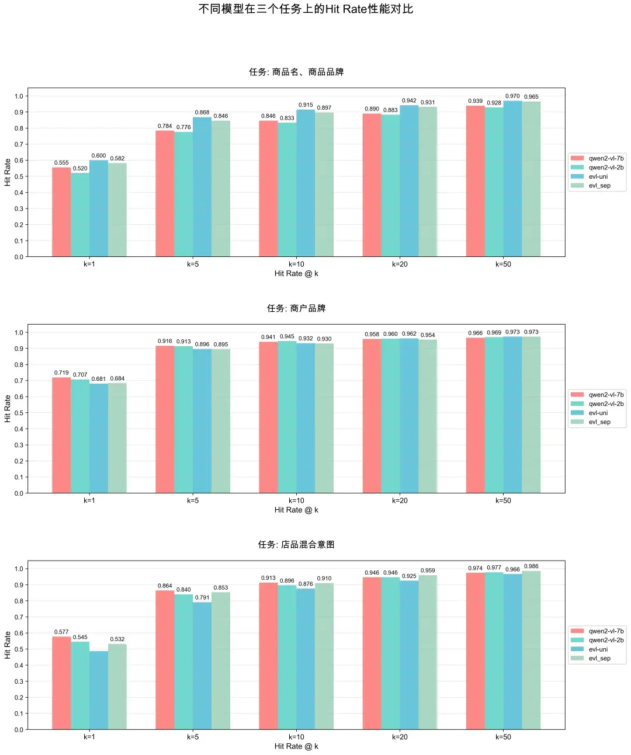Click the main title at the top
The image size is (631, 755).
306,9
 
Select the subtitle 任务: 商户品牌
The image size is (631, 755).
296,308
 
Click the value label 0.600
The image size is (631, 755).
99,156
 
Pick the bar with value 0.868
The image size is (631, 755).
202,187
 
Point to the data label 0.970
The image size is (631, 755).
512,96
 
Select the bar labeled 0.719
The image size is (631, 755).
61,435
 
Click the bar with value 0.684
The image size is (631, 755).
117,438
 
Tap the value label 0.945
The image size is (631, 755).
287,337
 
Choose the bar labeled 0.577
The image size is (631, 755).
61,683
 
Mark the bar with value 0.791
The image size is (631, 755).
202,666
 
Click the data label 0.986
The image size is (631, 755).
531,566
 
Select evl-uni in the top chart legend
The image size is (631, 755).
598,176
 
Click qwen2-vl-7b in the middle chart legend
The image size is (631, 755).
606,395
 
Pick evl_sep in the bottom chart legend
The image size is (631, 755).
599,659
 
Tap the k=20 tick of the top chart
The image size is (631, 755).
400,265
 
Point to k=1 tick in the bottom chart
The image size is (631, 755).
89,737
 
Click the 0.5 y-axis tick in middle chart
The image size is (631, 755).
19,413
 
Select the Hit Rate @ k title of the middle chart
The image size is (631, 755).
296,510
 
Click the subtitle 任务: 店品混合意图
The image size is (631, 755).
296,545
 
